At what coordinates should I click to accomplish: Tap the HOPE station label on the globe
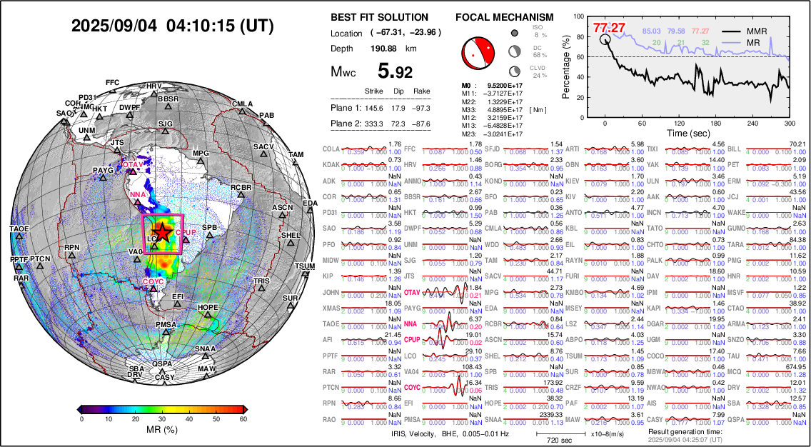click(x=208, y=308)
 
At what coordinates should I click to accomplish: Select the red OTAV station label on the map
click(x=133, y=165)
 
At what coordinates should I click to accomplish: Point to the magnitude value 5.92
click(x=396, y=71)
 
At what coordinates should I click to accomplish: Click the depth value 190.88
click(x=383, y=49)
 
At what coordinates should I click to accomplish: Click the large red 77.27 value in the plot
click(x=609, y=29)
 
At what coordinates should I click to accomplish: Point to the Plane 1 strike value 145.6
click(x=374, y=108)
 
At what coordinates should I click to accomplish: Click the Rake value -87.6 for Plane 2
click(x=423, y=124)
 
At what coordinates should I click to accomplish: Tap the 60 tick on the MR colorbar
click(x=243, y=419)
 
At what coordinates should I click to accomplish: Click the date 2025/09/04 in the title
click(x=115, y=26)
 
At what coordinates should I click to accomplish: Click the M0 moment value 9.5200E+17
click(x=503, y=85)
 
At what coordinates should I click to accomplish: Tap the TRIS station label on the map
click(x=263, y=281)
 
